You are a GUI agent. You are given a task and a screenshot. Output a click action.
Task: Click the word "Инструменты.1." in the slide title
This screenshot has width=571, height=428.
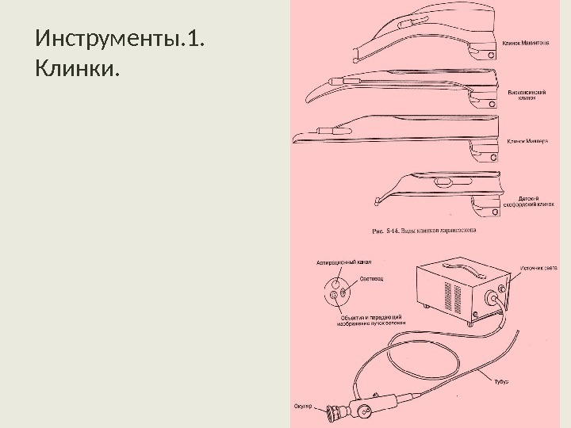[119, 38]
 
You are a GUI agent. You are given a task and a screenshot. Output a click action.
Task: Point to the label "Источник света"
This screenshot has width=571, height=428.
[540, 268]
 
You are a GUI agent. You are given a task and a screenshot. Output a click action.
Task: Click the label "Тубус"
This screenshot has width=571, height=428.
[501, 381]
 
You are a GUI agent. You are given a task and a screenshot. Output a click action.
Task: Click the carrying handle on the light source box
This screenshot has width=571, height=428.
[449, 266]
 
